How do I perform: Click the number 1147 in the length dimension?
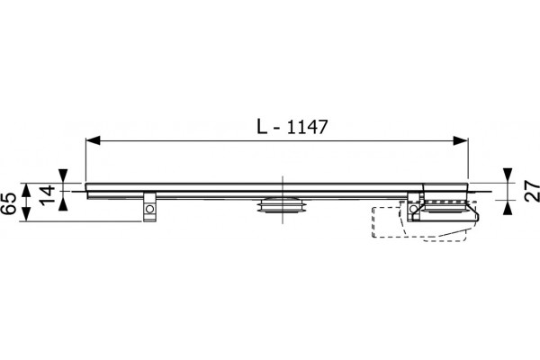307,127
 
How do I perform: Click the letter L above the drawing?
263,126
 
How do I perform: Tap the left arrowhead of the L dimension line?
93,140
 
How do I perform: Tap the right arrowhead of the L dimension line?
461,140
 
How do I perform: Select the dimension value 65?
9,203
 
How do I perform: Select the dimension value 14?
48,195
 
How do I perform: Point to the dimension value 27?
533,191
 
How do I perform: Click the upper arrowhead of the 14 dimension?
63,175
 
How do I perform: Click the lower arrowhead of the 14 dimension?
63,205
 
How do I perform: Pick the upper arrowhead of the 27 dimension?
508,175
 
